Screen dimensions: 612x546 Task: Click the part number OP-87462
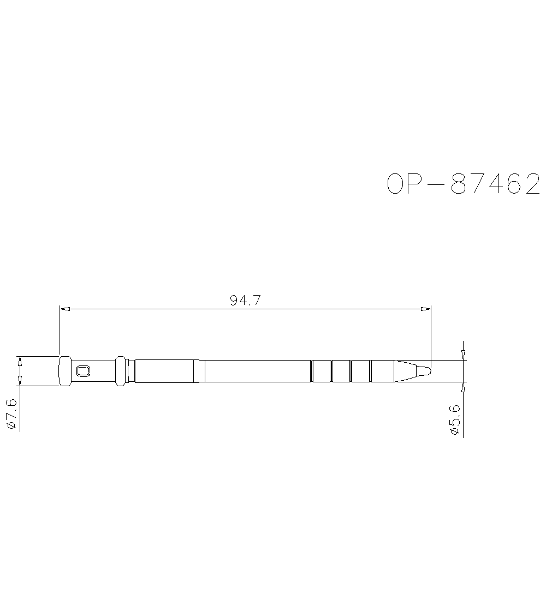coord(464,184)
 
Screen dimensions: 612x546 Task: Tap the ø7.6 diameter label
coord(12,415)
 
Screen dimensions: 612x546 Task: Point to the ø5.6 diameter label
coord(454,420)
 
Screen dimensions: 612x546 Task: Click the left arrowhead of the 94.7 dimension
coord(64,309)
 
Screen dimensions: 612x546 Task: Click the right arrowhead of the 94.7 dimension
coord(425,309)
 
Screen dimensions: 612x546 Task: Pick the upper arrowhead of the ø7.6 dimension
coord(20,361)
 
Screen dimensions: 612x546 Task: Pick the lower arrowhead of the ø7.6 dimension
coord(20,381)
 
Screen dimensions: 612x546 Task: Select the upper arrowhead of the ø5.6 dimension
coord(463,356)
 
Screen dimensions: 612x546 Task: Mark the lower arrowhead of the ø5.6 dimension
coord(463,386)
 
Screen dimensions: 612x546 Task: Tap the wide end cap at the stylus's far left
coord(64,371)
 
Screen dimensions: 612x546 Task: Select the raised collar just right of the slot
coord(121,371)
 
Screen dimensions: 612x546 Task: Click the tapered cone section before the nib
coord(407,371)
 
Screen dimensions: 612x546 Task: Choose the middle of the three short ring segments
coord(341,371)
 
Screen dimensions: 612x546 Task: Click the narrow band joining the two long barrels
coord(199,371)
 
